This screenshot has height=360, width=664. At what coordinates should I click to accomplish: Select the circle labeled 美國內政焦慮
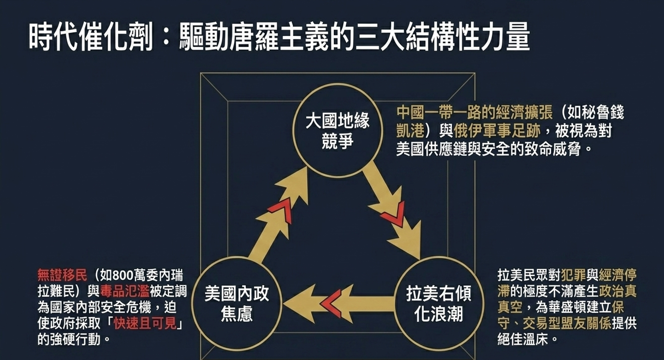236,304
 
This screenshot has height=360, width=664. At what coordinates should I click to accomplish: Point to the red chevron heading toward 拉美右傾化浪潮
393,215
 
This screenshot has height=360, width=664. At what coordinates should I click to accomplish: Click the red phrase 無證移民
62,276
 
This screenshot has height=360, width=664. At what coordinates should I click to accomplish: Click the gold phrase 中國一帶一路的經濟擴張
474,113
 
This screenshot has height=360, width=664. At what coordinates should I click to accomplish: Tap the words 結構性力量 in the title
475,37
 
